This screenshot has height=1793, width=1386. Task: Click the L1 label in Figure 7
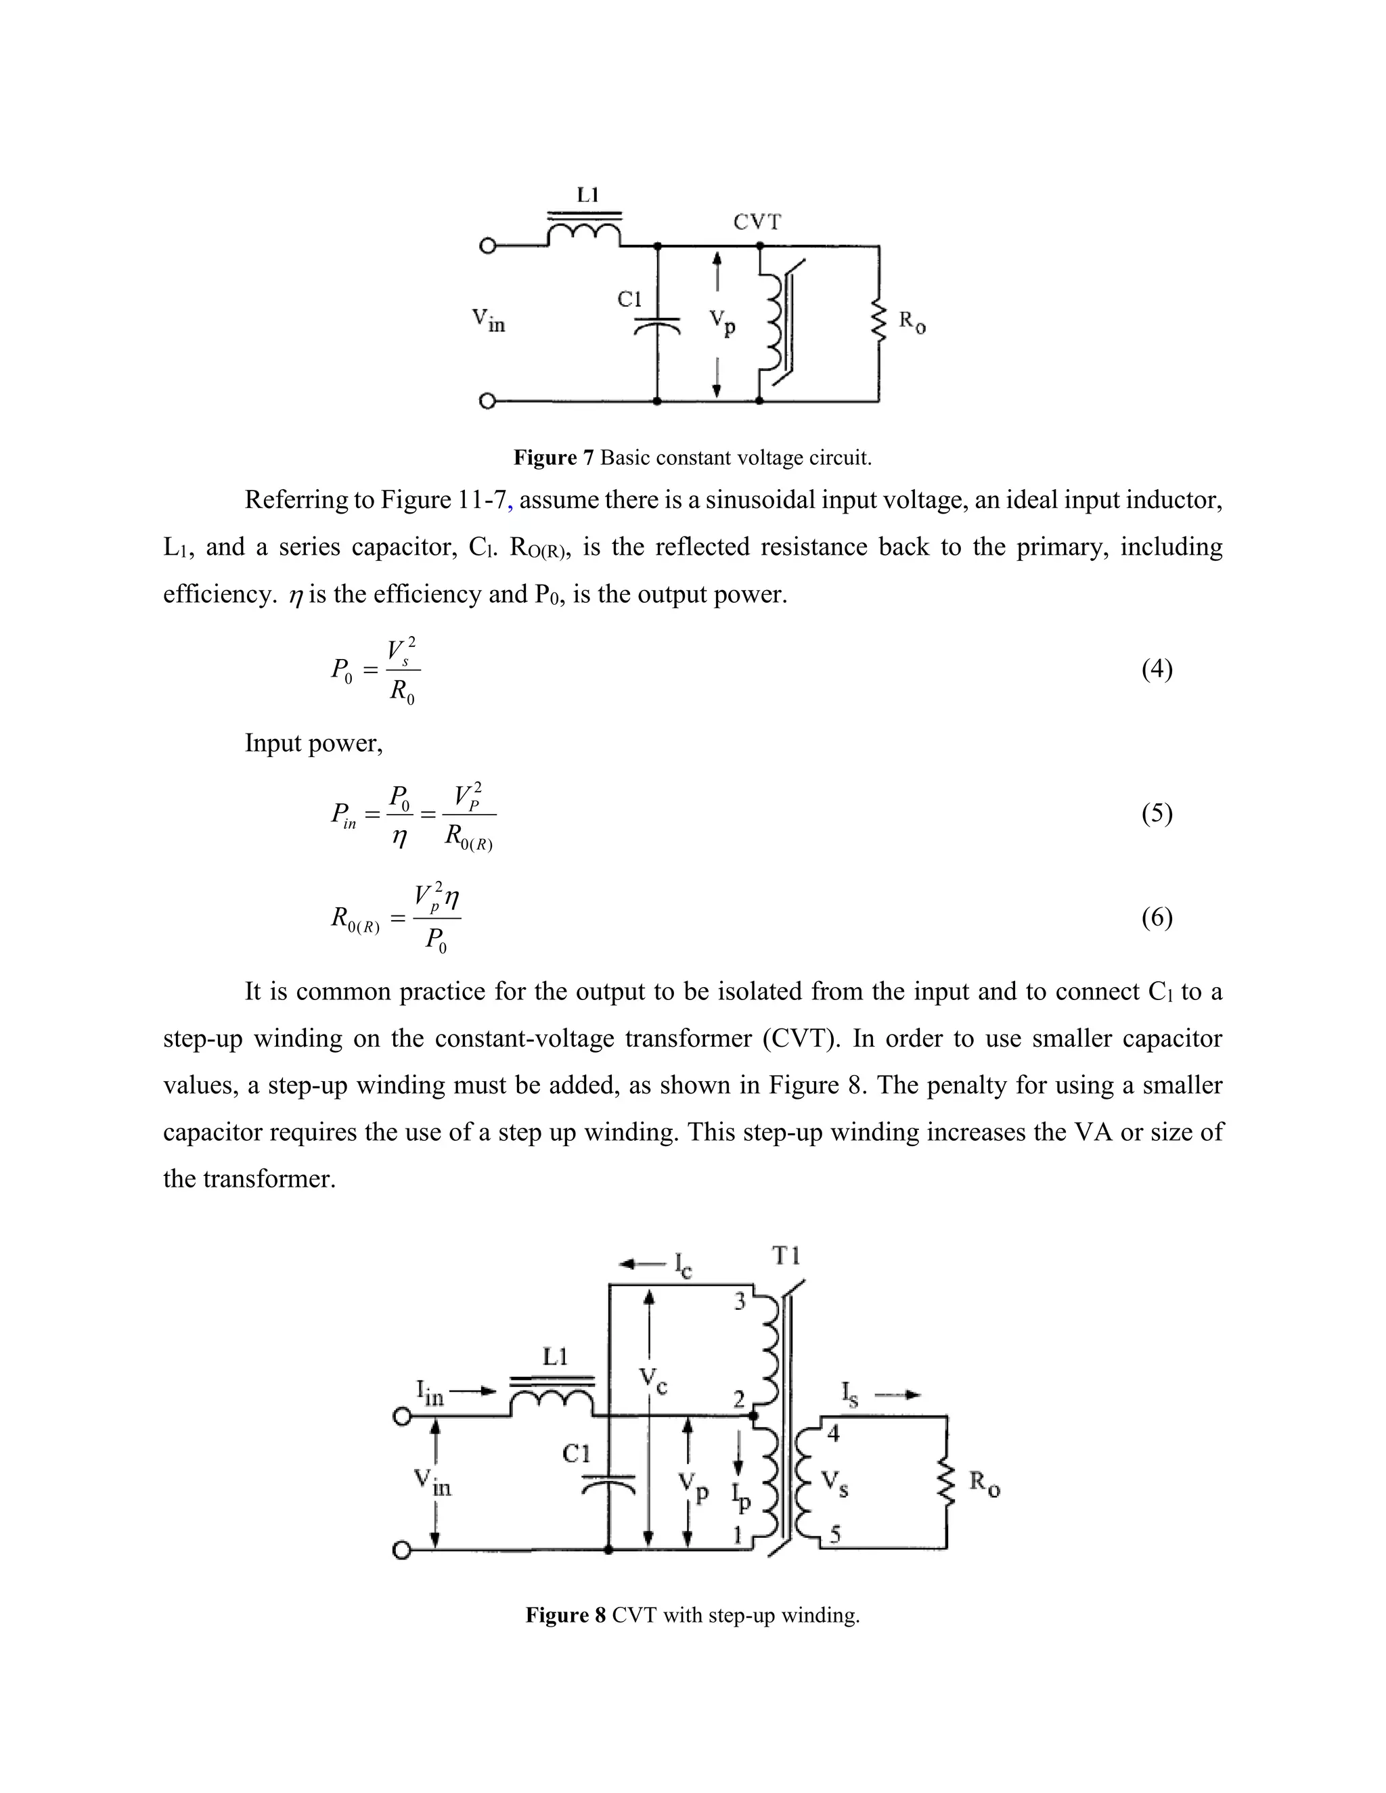(x=588, y=195)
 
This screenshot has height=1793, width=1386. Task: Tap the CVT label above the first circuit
(x=757, y=223)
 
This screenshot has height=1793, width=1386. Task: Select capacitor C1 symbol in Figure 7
(x=658, y=326)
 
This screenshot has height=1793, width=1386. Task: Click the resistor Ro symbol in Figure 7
(x=878, y=322)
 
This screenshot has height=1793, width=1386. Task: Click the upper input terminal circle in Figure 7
(x=488, y=246)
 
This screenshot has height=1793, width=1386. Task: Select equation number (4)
(x=1157, y=670)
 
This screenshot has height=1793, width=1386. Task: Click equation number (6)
(x=1157, y=918)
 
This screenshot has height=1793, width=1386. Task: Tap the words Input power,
(x=313, y=744)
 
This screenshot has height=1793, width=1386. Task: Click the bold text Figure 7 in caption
(x=553, y=457)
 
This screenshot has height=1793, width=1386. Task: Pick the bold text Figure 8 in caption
(x=565, y=1616)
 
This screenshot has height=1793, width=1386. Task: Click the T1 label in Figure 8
(x=786, y=1256)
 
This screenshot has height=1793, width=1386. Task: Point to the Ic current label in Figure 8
(x=682, y=1265)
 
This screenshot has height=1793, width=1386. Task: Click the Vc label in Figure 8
(x=654, y=1379)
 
